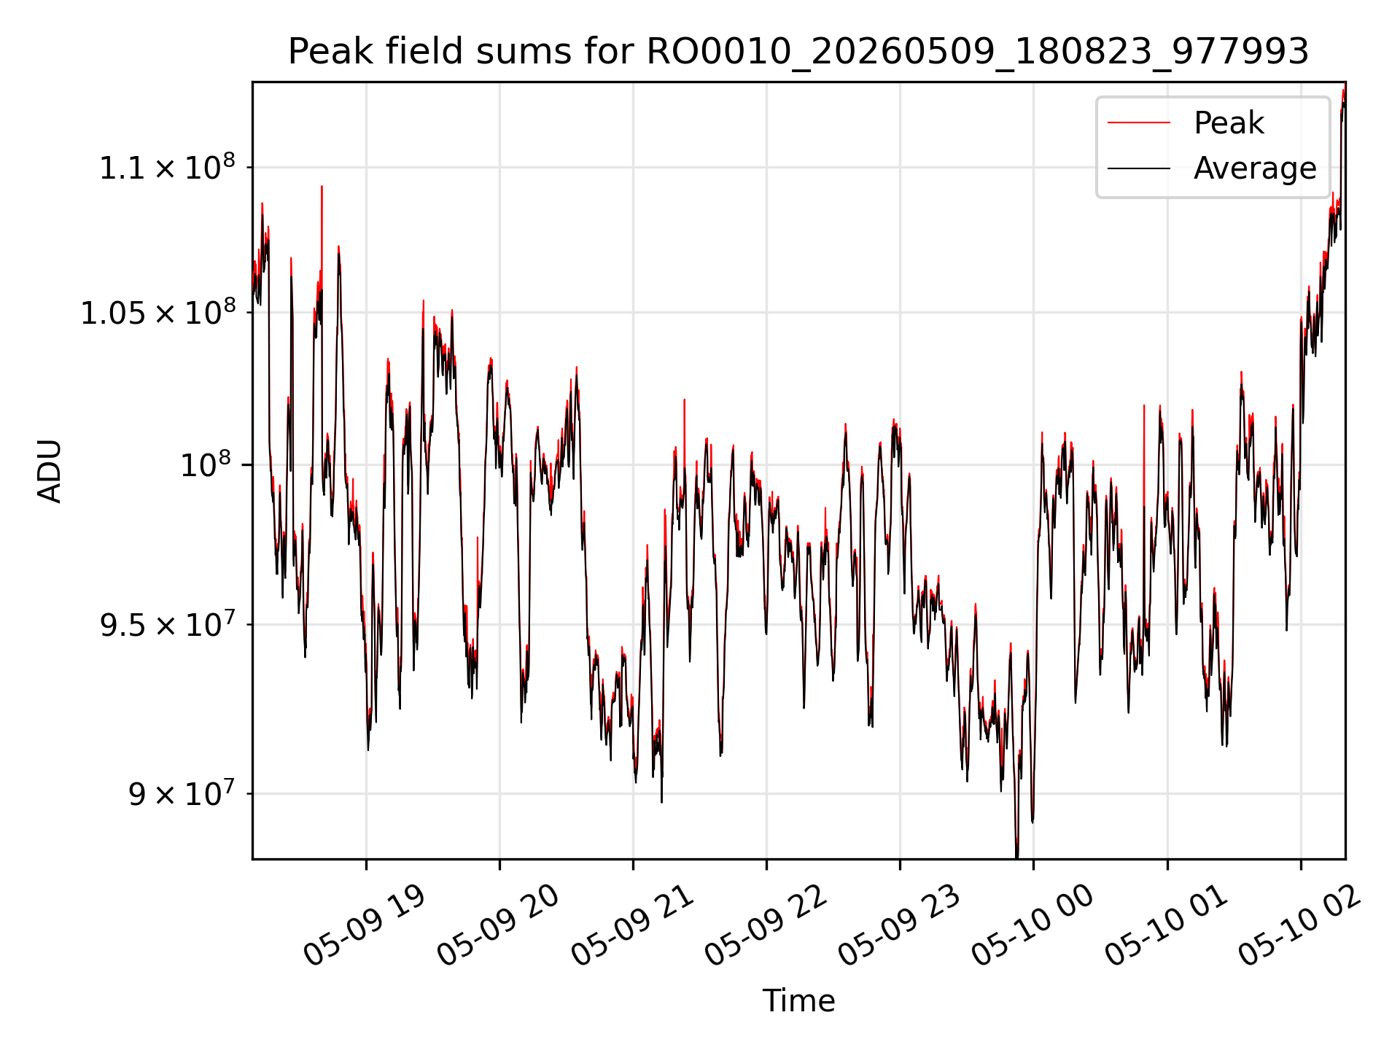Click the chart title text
[x=798, y=52]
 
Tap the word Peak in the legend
[x=1229, y=123]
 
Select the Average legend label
[x=1255, y=168]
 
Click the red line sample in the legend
[x=1139, y=123]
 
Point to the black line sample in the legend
[x=1139, y=168]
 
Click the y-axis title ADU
[x=50, y=471]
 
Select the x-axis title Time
[x=798, y=1000]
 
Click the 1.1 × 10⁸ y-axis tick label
[x=167, y=167]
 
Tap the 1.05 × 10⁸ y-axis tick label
[x=157, y=313]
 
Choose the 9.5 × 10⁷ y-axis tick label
[x=167, y=624]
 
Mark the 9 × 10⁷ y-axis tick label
[x=182, y=793]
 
